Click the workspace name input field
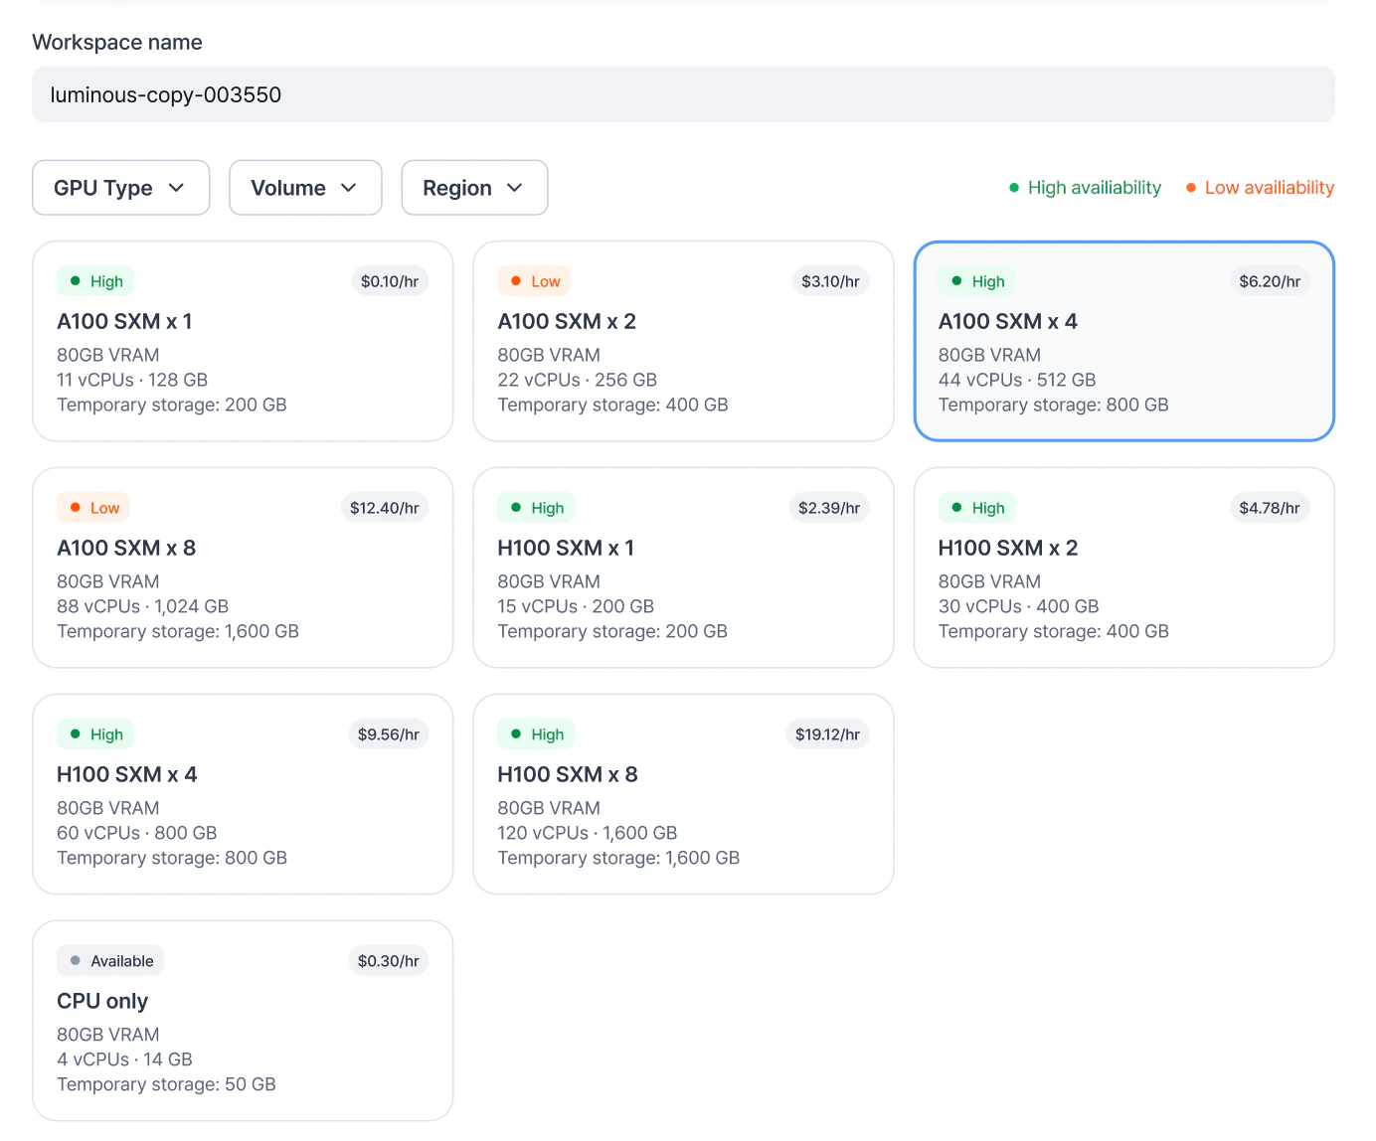pyautogui.click(x=683, y=94)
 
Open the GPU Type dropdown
pyautogui.click(x=120, y=188)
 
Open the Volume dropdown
pyautogui.click(x=305, y=188)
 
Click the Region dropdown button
pyautogui.click(x=474, y=188)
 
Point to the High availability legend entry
pyautogui.click(x=1085, y=188)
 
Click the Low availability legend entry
pyautogui.click(x=1260, y=188)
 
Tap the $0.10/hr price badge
pyautogui.click(x=389, y=281)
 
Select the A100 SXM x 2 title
pyautogui.click(x=567, y=321)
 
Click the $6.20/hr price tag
pyautogui.click(x=1270, y=281)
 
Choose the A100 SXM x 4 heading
pyautogui.click(x=1007, y=321)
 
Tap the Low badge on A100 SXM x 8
pyautogui.click(x=93, y=508)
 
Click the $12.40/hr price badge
pyautogui.click(x=384, y=508)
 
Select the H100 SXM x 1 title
pyautogui.click(x=566, y=548)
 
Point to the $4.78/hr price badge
pyautogui.click(x=1270, y=508)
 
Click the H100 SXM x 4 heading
pyautogui.click(x=127, y=774)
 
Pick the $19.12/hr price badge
pyautogui.click(x=827, y=734)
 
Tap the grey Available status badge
pyautogui.click(x=110, y=961)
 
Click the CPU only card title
pyautogui.click(x=102, y=1001)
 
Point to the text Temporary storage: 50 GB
pyautogui.click(x=166, y=1084)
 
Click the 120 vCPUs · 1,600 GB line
pyautogui.click(x=587, y=833)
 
